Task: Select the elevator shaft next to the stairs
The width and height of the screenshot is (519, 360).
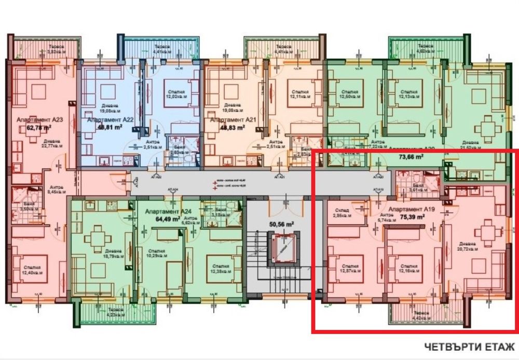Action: click(281, 247)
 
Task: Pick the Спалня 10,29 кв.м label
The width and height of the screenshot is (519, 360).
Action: click(156, 254)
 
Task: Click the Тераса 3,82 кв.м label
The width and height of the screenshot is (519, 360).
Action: click(58, 48)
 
